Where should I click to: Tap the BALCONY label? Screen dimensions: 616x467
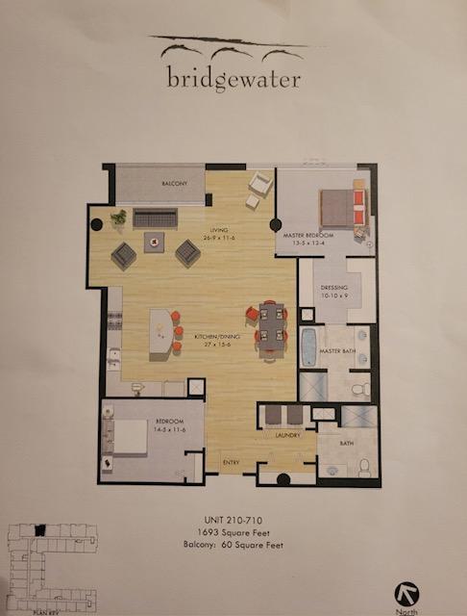pos(174,183)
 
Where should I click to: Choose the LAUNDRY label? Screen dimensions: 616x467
pos(285,434)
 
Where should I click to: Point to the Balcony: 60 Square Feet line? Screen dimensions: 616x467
pos(233,545)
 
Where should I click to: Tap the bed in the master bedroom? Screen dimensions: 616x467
pos(342,207)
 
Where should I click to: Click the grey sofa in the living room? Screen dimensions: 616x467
pos(155,218)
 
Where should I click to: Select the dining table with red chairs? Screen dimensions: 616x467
pos(272,326)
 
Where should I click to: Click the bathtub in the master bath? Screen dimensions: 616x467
pos(309,346)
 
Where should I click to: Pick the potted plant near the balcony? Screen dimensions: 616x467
pos(119,217)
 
